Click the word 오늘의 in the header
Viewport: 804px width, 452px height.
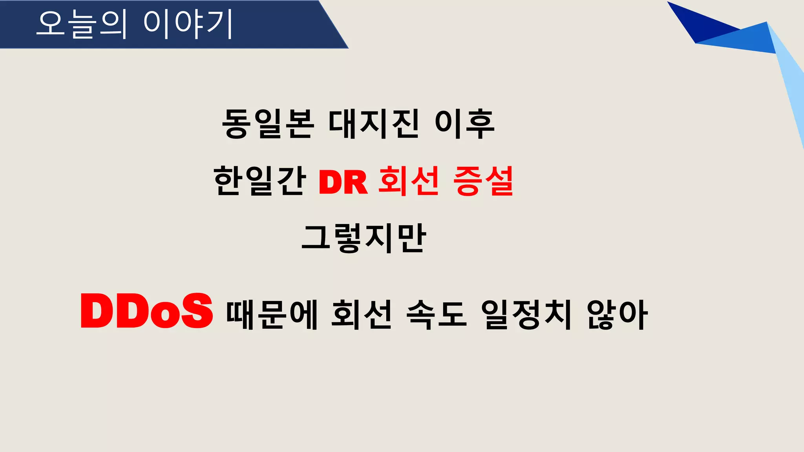pos(82,24)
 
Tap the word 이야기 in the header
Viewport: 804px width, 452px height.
pos(188,24)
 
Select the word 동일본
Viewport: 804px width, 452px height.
pos(268,124)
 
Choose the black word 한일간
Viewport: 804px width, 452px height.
pos(259,181)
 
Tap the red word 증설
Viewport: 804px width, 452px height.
pos(483,181)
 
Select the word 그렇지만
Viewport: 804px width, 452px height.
pos(364,238)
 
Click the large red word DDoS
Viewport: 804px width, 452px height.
pos(146,311)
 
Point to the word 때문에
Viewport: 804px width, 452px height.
pos(272,314)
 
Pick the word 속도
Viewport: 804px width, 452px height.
pos(437,314)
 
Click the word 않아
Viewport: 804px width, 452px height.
pos(617,314)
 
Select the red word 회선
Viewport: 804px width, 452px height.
pos(409,181)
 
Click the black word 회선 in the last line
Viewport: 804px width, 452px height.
pos(362,314)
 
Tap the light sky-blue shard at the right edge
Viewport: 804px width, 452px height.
pos(789,86)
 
